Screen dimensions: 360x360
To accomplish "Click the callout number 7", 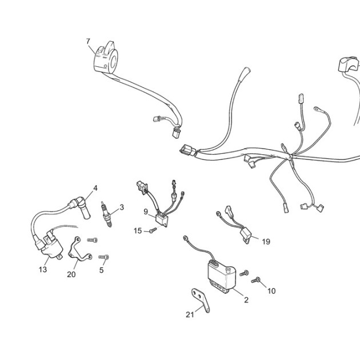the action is point(88,41).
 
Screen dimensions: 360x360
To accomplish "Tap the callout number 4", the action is point(95,188).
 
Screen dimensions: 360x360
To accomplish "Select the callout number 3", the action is point(122,207).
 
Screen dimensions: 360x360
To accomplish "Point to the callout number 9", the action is point(146,211).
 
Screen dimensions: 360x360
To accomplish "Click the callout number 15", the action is point(138,231).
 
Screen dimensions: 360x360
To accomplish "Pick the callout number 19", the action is point(266,242).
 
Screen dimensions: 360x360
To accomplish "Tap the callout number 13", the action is point(43,269).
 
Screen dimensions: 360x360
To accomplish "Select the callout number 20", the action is point(71,274).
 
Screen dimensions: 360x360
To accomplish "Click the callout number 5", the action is point(102,270).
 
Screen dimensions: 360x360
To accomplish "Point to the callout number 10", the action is point(271,291).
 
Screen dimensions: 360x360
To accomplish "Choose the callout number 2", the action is point(246,300).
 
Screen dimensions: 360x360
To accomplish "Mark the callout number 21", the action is point(190,315).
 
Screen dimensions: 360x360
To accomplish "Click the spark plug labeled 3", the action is point(106,214).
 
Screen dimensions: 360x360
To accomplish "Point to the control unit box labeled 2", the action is point(222,277).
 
